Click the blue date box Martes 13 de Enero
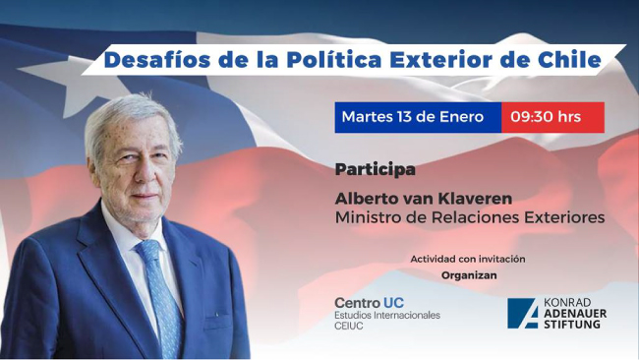(417, 117)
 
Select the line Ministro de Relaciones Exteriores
(469, 216)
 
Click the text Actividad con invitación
(468, 259)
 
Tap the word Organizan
(468, 275)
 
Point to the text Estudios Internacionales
(387, 316)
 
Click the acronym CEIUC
(351, 328)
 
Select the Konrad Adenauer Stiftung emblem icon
(521, 312)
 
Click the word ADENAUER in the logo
(575, 312)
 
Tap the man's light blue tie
(160, 290)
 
